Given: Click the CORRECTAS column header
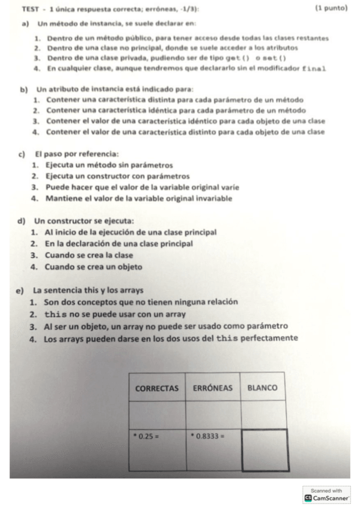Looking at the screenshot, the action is [157, 389].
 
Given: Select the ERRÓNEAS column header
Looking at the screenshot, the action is [213, 389].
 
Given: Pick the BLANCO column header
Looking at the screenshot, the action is [262, 389].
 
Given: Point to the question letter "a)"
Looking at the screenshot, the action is [23, 24].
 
